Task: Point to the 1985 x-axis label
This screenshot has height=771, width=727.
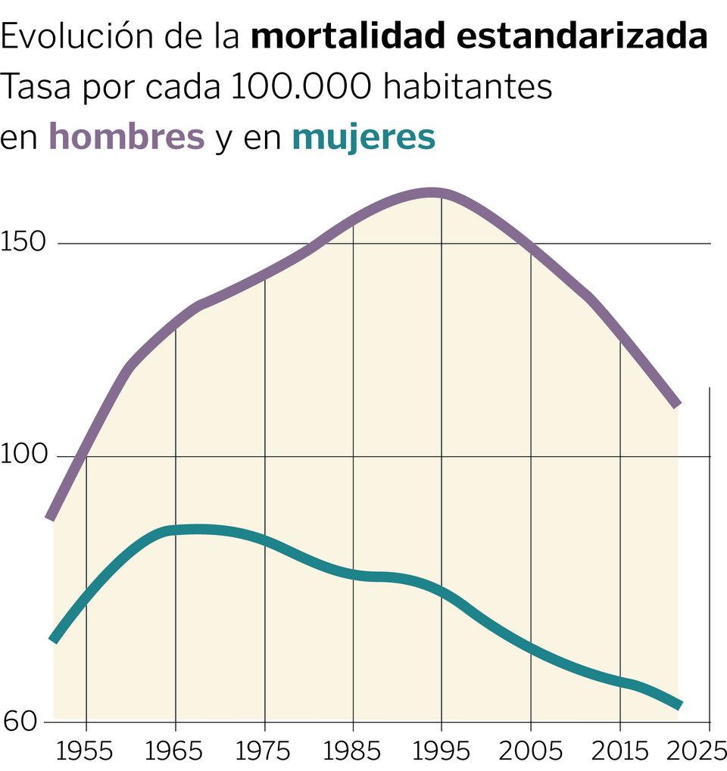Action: click(354, 751)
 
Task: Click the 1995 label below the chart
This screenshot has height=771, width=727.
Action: click(442, 751)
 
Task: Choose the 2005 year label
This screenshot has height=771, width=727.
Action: click(530, 751)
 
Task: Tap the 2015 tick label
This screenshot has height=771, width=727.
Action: click(619, 751)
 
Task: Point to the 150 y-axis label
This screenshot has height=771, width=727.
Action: click(24, 242)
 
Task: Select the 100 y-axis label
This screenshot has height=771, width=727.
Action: click(24, 455)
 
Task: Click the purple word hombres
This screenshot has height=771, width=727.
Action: click(126, 137)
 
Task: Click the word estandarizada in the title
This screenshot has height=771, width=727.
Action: click(578, 36)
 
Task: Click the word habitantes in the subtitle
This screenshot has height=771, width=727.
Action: click(467, 87)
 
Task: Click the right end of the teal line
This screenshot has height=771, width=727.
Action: click(679, 705)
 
